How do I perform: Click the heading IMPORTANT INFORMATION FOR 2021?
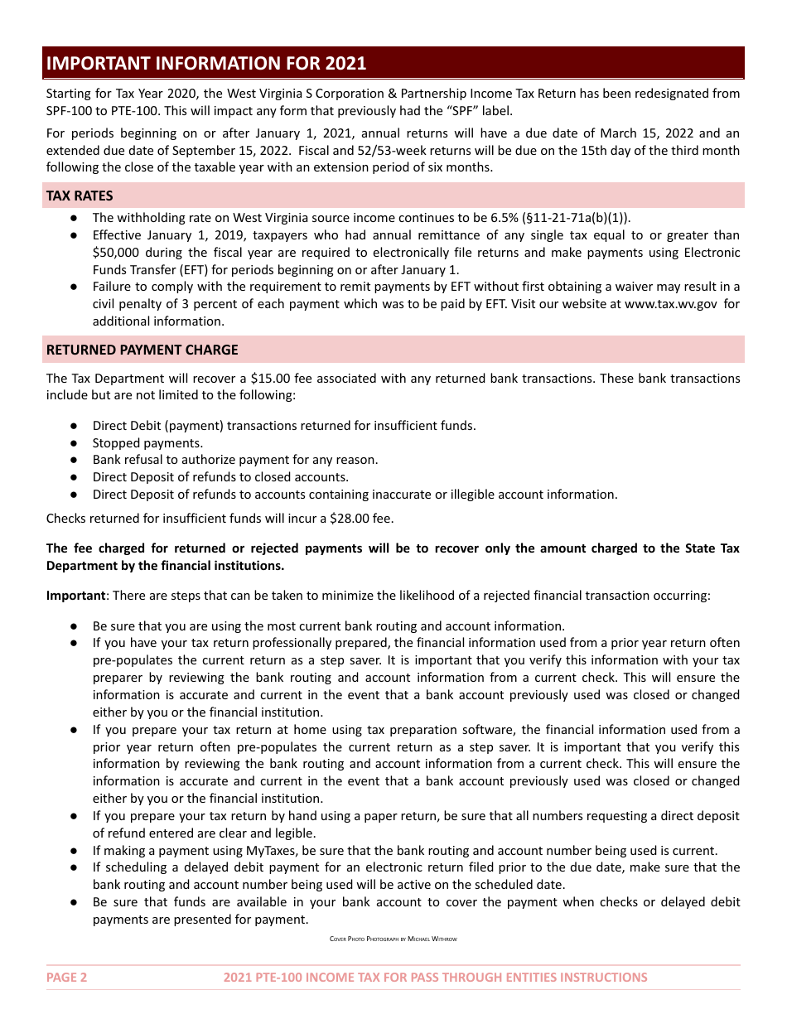[206, 64]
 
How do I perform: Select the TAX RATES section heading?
[80, 196]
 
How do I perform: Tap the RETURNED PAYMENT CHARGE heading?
[142, 350]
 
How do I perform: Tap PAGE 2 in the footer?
[66, 977]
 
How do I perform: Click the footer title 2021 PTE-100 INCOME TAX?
[435, 977]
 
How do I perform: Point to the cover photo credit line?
[393, 939]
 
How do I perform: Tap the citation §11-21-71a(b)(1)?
[563, 218]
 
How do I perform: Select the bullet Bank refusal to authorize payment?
[235, 460]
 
